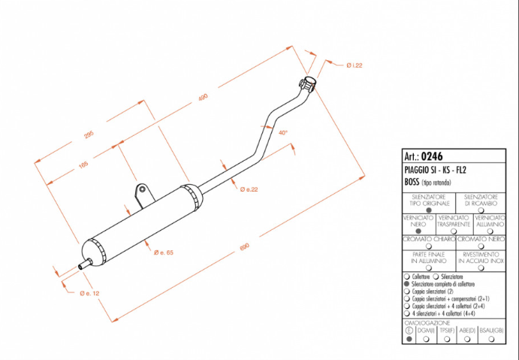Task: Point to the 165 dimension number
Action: pyautogui.click(x=83, y=165)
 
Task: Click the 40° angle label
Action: pyautogui.click(x=282, y=132)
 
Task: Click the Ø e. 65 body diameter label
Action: pyautogui.click(x=164, y=253)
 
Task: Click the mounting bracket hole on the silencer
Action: pyautogui.click(x=142, y=190)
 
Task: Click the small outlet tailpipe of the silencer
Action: pyautogui.click(x=86, y=264)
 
